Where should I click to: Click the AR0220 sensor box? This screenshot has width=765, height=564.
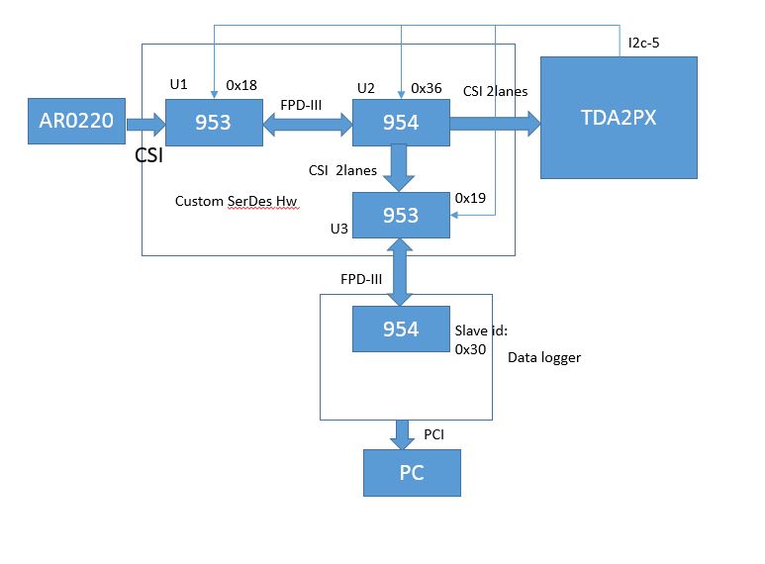[x=77, y=123]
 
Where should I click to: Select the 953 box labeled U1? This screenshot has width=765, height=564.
[x=213, y=123]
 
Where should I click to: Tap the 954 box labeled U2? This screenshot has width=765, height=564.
[x=400, y=123]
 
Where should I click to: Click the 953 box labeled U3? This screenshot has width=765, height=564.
[x=400, y=215]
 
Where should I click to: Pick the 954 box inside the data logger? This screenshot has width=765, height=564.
[x=400, y=329]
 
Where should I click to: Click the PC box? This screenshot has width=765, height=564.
[x=412, y=472]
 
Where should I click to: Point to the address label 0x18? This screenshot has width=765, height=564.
[x=242, y=86]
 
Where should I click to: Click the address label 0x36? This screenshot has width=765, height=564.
[x=427, y=88]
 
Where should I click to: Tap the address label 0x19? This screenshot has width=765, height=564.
[x=470, y=198]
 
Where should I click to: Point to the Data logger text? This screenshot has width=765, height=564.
[x=544, y=357]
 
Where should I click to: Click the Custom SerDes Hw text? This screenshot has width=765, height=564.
[x=236, y=201]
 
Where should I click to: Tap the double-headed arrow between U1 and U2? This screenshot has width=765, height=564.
[x=308, y=124]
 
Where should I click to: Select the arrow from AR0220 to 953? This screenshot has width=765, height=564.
[x=145, y=124]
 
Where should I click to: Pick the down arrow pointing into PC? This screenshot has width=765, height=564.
[x=403, y=433]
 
